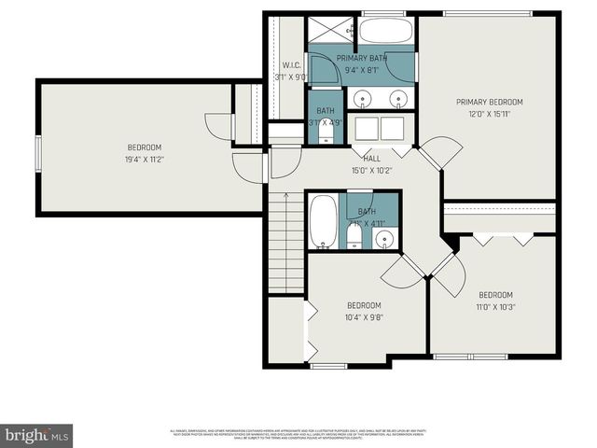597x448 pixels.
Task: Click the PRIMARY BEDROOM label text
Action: click(x=489, y=102)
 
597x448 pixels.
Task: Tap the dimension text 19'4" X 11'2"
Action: click(x=145, y=160)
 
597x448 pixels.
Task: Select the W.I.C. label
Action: click(x=289, y=65)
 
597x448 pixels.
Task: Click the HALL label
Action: click(x=371, y=159)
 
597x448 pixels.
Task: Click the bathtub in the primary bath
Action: click(x=385, y=31)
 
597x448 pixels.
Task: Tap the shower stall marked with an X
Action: click(x=330, y=29)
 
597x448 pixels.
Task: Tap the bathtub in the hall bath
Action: click(x=324, y=222)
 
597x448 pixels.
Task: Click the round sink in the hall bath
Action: click(x=385, y=240)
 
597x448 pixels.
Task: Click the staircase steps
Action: click(x=285, y=229)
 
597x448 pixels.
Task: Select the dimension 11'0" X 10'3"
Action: click(x=495, y=306)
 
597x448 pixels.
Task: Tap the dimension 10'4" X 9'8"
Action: click(x=364, y=316)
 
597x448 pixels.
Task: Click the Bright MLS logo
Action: click(x=36, y=435)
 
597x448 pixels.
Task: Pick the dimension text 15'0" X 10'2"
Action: click(x=371, y=171)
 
